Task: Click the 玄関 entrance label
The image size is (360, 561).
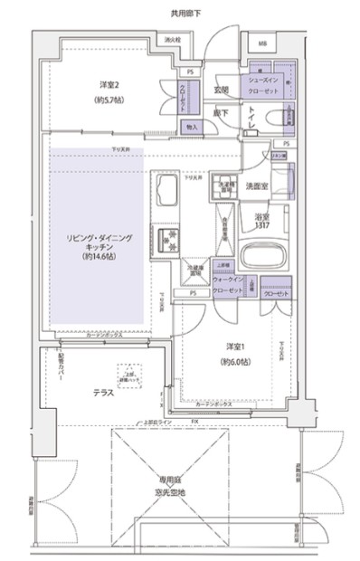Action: coord(221,90)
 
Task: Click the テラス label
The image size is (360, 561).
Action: coord(102,393)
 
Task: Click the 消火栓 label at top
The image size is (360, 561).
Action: coord(172,41)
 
